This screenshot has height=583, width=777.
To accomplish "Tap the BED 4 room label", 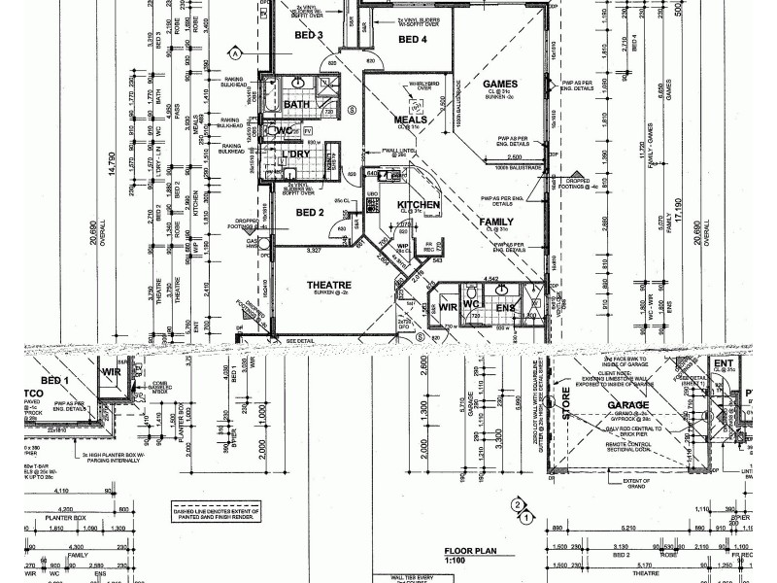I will pyautogui.click(x=413, y=40).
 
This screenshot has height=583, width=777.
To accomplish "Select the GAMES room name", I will pyautogui.click(x=500, y=85).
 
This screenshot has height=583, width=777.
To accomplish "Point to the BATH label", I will pyautogui.click(x=297, y=105).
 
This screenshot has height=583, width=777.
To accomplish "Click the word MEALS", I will pyautogui.click(x=411, y=120).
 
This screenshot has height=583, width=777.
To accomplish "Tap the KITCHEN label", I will pyautogui.click(x=420, y=205).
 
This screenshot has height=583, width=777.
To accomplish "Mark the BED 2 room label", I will pyautogui.click(x=309, y=212).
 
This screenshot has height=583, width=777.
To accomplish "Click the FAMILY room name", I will pyautogui.click(x=496, y=223).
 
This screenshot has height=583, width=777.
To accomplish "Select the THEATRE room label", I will pyautogui.click(x=329, y=286).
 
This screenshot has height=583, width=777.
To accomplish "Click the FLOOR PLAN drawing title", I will pyautogui.click(x=471, y=550).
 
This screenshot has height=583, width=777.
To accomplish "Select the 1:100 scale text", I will pyautogui.click(x=455, y=561).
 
